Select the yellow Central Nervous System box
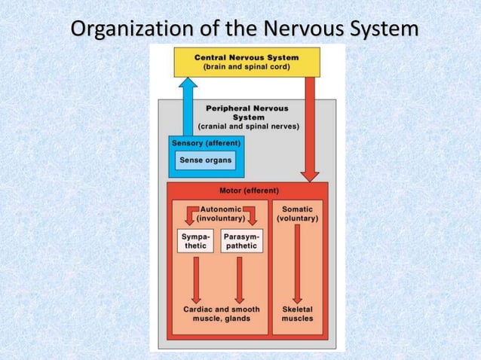tap(247, 61)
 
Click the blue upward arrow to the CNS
tap(187, 105)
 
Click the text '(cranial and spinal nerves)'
tap(248, 127)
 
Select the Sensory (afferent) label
tap(207, 142)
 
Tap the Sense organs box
tap(205, 160)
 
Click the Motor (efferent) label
tap(248, 191)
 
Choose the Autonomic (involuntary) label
tap(221, 212)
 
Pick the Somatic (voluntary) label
tap(298, 212)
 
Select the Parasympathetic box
tap(241, 241)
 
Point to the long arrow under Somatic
tap(298, 264)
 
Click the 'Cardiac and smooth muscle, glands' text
tap(222, 314)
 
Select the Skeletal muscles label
tap(298, 314)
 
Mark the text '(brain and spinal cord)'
tap(247, 66)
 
